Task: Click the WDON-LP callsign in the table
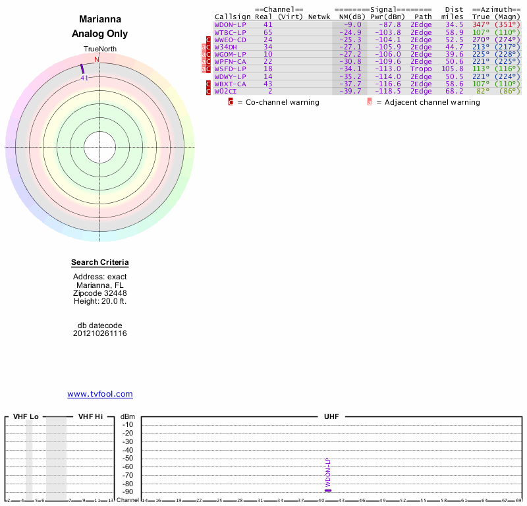231,24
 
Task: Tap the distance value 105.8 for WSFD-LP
453,69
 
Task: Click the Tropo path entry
421,69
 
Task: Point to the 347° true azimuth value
481,24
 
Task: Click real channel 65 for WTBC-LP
268,32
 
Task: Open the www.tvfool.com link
100,394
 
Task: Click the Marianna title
99,20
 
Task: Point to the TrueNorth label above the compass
99,50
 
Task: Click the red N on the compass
97,59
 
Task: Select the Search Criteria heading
100,263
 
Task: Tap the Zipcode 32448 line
100,293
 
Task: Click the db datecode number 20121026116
100,333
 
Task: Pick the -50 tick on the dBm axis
128,459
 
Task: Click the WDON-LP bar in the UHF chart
328,490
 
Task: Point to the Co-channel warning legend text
278,102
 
